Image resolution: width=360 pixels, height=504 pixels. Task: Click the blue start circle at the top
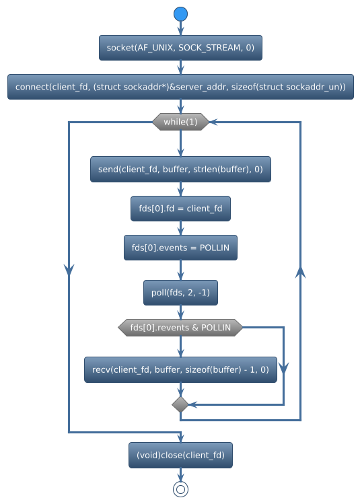click(x=180, y=14)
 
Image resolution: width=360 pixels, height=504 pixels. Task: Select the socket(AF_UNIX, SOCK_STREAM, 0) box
click(x=180, y=47)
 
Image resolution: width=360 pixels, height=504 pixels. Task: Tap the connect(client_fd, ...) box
click(x=180, y=87)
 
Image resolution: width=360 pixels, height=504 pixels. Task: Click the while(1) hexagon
click(x=180, y=122)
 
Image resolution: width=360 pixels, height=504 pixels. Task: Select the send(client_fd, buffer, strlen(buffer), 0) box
click(x=180, y=170)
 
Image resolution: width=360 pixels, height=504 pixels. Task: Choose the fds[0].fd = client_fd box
click(x=180, y=209)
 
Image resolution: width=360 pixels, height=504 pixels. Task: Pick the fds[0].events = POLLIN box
click(x=180, y=248)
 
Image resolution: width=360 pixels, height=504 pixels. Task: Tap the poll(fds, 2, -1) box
click(x=180, y=293)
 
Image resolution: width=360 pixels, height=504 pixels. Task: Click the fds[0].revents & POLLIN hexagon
click(x=180, y=328)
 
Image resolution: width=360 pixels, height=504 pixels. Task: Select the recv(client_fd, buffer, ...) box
click(x=180, y=369)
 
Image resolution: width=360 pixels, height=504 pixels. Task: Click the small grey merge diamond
click(x=180, y=404)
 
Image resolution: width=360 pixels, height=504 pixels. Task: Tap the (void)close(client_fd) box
click(x=180, y=456)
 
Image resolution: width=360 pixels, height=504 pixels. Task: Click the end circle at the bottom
click(x=180, y=489)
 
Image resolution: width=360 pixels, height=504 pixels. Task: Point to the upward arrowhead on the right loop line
click(x=300, y=271)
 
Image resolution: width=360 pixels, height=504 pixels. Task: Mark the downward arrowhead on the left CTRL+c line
click(x=69, y=268)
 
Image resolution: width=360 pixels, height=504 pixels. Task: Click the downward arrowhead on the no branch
click(x=284, y=368)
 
